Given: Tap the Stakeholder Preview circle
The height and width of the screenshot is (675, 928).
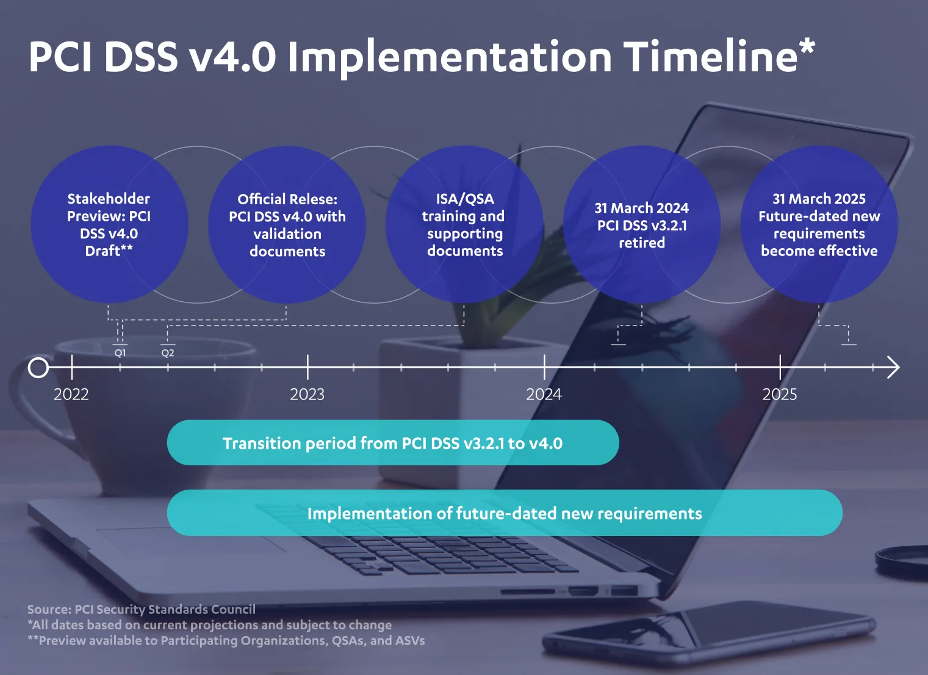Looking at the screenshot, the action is click(x=109, y=224).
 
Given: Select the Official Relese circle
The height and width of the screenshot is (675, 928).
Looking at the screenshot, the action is click(x=287, y=224).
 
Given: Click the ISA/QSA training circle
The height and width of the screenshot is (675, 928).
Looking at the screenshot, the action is click(x=464, y=224).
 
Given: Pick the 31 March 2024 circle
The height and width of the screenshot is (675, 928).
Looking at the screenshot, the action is click(x=642, y=224).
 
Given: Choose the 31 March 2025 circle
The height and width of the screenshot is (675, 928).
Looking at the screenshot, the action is click(x=819, y=224).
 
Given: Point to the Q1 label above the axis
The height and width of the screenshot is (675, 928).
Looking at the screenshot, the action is click(x=120, y=353).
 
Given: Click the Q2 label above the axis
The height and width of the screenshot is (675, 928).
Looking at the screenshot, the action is click(x=168, y=353).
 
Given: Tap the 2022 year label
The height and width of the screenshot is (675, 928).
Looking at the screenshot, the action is click(x=71, y=395).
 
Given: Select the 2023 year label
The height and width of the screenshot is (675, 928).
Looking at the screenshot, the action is click(x=308, y=395).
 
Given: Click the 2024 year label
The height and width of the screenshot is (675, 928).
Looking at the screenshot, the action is click(x=544, y=395).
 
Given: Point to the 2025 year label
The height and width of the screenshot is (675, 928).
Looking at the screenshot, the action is click(x=780, y=395).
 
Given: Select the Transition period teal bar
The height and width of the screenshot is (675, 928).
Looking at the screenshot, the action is click(x=393, y=443).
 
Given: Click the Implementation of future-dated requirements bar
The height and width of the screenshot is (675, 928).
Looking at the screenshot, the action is click(x=505, y=513).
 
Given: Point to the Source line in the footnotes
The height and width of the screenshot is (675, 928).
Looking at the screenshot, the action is click(x=142, y=610).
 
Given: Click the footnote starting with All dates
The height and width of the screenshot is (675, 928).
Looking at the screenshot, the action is click(x=210, y=625).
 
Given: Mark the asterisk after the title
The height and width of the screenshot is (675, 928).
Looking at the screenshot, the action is click(x=807, y=48).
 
